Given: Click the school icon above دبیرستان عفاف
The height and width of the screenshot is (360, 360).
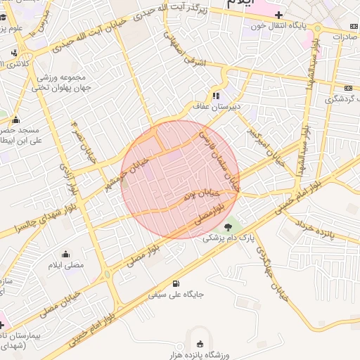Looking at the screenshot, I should click(x=216, y=96).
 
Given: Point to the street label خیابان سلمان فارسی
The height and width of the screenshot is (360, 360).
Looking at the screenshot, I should click(x=220, y=160).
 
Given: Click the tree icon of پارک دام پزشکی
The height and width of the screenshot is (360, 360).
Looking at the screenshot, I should click(x=229, y=226).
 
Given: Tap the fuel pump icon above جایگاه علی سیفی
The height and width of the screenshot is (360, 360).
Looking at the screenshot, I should click(x=175, y=284).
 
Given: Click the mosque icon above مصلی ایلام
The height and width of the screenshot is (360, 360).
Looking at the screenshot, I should click(x=67, y=255).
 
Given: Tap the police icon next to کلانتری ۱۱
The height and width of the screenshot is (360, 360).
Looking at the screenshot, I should click(x=14, y=53).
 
